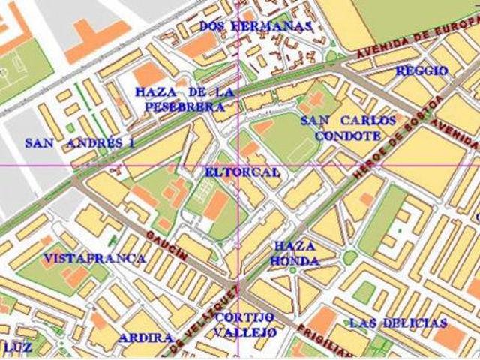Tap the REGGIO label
click(421, 71)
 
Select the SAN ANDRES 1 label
click(79, 143)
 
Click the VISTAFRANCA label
click(94, 258)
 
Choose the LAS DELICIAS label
click(398, 322)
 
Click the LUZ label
click(17, 347)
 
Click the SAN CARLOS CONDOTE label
click(347, 128)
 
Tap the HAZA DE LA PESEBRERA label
click(185, 99)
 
